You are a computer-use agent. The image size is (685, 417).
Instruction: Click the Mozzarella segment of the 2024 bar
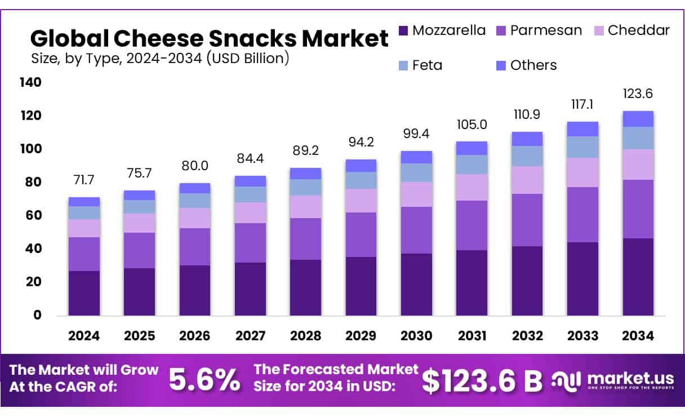(x=84, y=293)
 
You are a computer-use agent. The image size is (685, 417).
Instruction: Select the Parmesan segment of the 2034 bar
(x=638, y=208)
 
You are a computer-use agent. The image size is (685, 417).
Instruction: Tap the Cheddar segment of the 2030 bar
(x=416, y=194)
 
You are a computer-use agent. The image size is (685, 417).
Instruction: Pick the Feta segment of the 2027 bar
(x=250, y=194)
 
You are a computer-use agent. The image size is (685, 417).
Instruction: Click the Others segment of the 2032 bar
(x=527, y=139)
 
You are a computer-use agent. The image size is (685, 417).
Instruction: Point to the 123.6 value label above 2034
(x=638, y=94)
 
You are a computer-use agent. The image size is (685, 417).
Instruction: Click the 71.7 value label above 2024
(x=84, y=180)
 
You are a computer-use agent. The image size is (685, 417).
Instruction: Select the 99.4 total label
(x=416, y=134)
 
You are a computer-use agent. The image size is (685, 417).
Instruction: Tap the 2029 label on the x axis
(x=361, y=336)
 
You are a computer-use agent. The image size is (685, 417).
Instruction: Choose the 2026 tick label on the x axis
(x=195, y=336)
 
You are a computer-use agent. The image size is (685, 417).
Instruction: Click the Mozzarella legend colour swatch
(x=403, y=30)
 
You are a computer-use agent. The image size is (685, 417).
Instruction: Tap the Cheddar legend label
(x=638, y=30)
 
